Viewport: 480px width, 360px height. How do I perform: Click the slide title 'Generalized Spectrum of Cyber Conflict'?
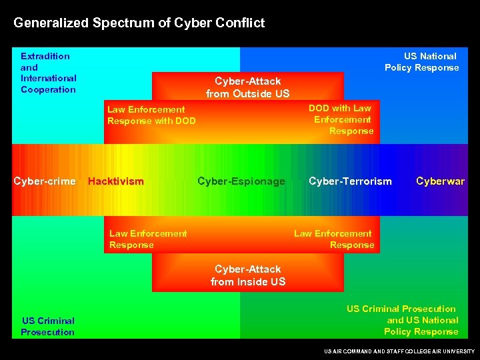click(139, 23)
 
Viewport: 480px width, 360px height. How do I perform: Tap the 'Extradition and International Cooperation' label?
click(48, 73)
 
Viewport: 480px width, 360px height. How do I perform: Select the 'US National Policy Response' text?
click(421, 61)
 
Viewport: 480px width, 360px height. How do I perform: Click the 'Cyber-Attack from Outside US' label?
click(248, 87)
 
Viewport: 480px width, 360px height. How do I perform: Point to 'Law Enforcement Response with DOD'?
click(151, 115)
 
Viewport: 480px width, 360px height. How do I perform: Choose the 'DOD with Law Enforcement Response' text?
click(343, 119)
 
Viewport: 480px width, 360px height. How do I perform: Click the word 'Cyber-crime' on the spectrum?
click(45, 181)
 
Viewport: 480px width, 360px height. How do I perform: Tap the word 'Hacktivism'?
click(115, 181)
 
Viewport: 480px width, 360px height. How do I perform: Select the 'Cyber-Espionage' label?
click(241, 181)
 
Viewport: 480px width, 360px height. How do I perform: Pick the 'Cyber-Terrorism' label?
click(350, 181)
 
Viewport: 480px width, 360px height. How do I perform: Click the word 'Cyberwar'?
click(440, 181)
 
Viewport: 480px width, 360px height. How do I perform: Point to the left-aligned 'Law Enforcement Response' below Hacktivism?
click(148, 239)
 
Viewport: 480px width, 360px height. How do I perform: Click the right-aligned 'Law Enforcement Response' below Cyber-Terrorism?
click(333, 239)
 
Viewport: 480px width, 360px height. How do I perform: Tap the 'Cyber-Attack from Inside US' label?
click(248, 275)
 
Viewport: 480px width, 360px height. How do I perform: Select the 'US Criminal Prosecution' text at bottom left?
click(47, 326)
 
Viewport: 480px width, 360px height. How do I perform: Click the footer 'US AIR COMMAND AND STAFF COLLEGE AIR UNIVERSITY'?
click(399, 351)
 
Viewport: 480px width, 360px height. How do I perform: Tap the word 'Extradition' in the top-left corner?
click(45, 56)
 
